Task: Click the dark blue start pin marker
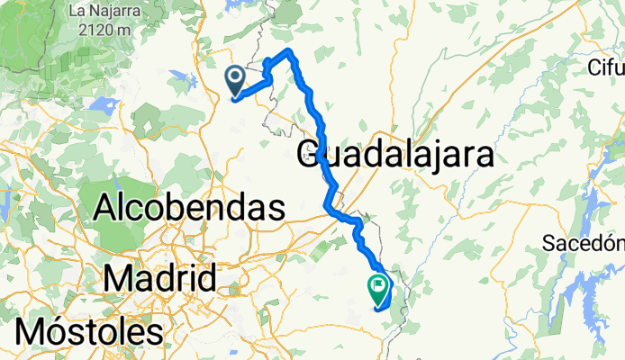click(x=236, y=80)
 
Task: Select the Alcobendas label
click(x=189, y=209)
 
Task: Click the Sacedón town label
click(x=584, y=243)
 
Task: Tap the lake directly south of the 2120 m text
click(x=101, y=105)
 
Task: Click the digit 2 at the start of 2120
click(x=84, y=30)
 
